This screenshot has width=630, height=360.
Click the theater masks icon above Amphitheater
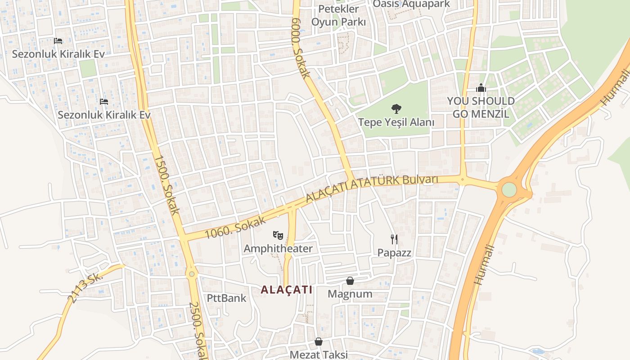(x=278, y=234)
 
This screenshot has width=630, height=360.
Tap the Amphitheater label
(x=278, y=248)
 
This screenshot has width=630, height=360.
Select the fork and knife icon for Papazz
(x=394, y=239)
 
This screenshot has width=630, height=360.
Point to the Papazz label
(x=394, y=253)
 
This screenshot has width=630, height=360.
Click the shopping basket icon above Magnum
(x=350, y=281)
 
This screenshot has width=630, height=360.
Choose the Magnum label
(x=350, y=294)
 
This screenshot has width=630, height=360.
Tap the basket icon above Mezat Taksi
(x=319, y=342)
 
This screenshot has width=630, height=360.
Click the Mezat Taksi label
(x=319, y=355)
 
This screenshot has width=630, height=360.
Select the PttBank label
(x=227, y=298)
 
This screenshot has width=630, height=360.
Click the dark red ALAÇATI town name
(x=287, y=290)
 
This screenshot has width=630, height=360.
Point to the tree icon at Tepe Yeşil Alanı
(x=396, y=108)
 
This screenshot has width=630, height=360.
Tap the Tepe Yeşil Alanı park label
(x=396, y=122)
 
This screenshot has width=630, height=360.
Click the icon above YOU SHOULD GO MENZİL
(x=481, y=88)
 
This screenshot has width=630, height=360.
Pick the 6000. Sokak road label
(x=301, y=49)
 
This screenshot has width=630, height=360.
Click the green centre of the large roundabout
(x=509, y=189)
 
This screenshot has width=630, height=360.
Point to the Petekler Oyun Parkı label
(x=338, y=15)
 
